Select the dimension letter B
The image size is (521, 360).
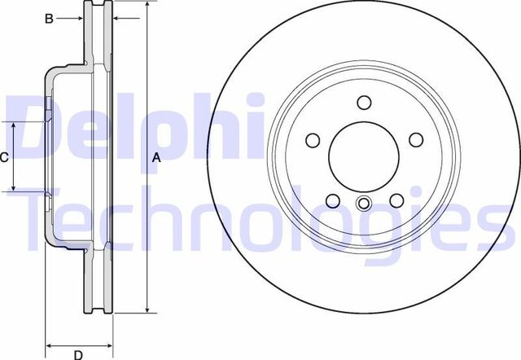click(x=48, y=18)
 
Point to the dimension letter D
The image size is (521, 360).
click(x=78, y=354)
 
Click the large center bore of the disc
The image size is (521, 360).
click(x=363, y=156)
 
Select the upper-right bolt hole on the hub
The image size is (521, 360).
click(x=416, y=138)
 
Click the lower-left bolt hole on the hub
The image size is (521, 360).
click(x=331, y=201)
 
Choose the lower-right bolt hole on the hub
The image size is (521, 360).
click(x=396, y=201)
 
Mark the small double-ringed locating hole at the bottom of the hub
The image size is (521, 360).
click(x=364, y=204)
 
